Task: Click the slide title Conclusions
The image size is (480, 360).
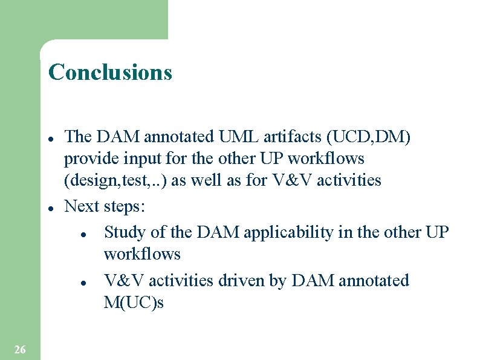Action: pyautogui.click(x=110, y=72)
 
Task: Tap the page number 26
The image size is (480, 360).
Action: pyautogui.click(x=19, y=349)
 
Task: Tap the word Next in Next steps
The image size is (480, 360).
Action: pyautogui.click(x=82, y=206)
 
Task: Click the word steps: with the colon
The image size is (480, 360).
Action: pyautogui.click(x=125, y=207)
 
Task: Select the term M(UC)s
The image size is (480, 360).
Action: pyautogui.click(x=134, y=303)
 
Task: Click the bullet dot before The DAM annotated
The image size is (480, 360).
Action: pyautogui.click(x=52, y=137)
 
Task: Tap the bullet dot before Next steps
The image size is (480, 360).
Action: pyautogui.click(x=52, y=208)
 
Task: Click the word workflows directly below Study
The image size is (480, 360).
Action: pyautogui.click(x=142, y=254)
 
